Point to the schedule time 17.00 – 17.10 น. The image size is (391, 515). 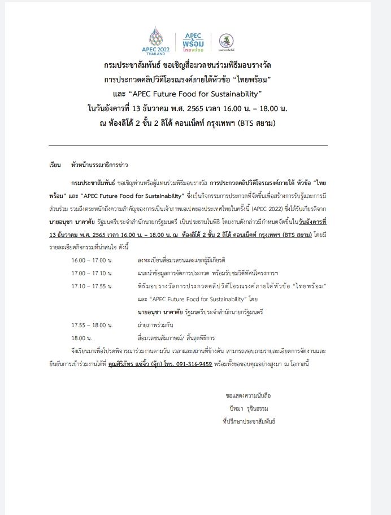pos(94,273)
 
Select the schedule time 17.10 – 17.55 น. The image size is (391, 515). pos(94,286)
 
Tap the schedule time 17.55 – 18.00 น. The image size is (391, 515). pos(94,325)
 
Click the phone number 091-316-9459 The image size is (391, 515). pos(194,364)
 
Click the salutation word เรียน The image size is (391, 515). pos(55,165)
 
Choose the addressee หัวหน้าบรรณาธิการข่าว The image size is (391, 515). pos(96,165)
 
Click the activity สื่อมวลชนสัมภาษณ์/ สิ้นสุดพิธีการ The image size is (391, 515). pos(177,338)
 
